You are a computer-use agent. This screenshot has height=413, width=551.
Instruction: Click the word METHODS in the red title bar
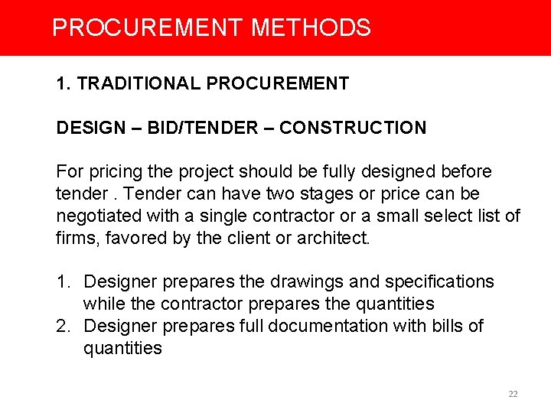[x=311, y=28]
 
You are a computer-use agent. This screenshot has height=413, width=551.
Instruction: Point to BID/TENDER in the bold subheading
[x=201, y=128]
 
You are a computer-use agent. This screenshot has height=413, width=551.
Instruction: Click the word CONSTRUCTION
[x=353, y=128]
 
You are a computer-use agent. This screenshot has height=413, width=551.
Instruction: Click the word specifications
[x=428, y=282]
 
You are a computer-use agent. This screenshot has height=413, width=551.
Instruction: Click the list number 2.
[x=62, y=327]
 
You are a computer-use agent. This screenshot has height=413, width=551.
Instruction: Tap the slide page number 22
[x=513, y=394]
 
